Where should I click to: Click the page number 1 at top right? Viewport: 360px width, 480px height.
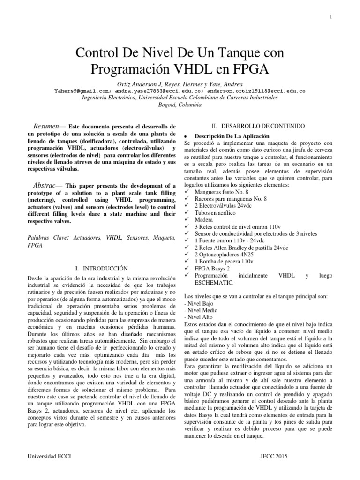(331, 17)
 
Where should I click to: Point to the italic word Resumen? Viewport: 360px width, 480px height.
(46, 127)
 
